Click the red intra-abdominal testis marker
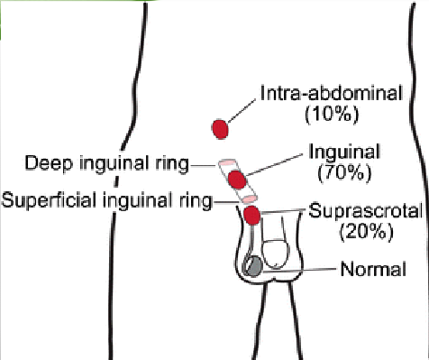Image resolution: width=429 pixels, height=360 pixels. pyautogui.click(x=219, y=129)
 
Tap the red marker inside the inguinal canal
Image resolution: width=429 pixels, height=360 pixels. pyautogui.click(x=236, y=179)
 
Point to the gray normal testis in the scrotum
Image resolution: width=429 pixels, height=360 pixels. pyautogui.click(x=254, y=265)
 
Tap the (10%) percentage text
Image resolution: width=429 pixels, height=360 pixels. pyautogui.click(x=333, y=114)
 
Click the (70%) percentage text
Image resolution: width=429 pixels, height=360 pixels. pyautogui.click(x=343, y=170)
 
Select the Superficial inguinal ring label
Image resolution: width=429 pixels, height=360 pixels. pyautogui.click(x=105, y=198)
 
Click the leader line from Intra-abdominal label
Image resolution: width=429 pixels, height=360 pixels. pyautogui.click(x=243, y=107)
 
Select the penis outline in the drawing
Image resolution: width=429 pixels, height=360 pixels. pyautogui.click(x=278, y=254)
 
